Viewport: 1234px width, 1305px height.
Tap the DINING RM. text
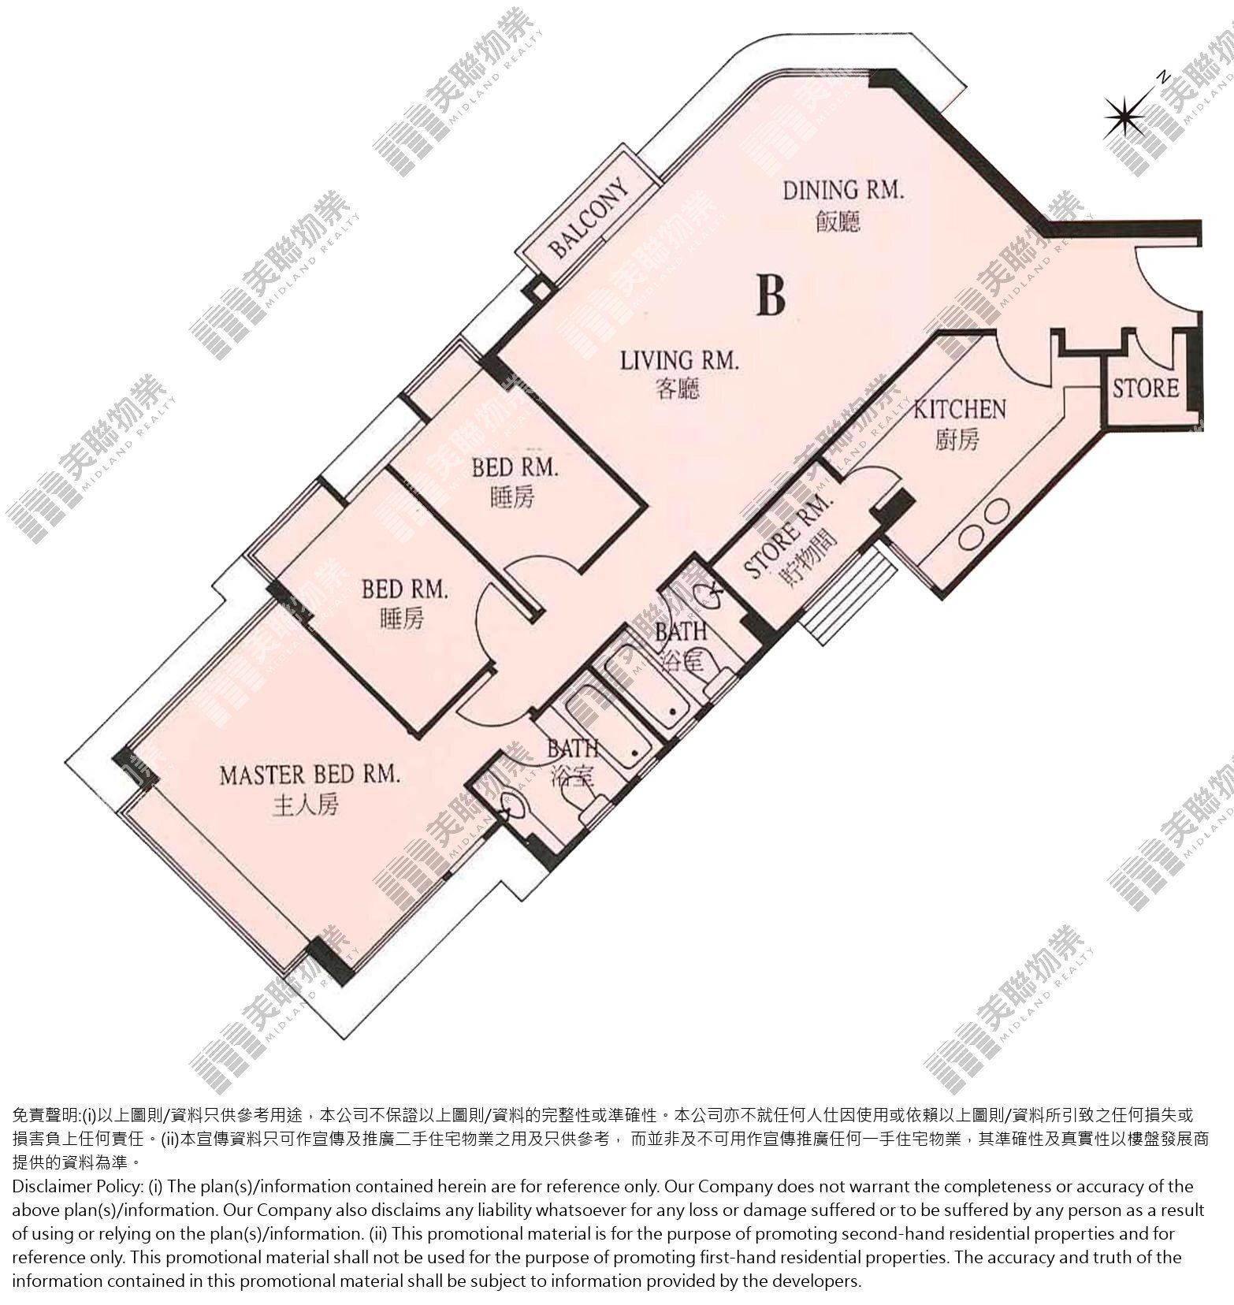pyautogui.click(x=843, y=191)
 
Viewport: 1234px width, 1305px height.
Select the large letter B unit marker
pyautogui.click(x=771, y=294)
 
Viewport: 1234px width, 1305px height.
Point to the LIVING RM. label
pyautogui.click(x=679, y=362)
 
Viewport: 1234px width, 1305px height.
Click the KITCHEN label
pyautogui.click(x=959, y=409)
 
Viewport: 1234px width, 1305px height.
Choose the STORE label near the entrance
pyautogui.click(x=1146, y=388)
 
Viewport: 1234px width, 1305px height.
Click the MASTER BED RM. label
pyautogui.click(x=310, y=775)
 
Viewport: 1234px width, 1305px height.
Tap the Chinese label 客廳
pyautogui.click(x=677, y=389)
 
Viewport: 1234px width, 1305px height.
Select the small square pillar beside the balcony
pyautogui.click(x=541, y=290)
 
